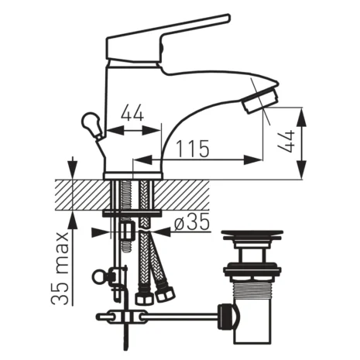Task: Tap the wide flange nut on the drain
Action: tap(251, 271)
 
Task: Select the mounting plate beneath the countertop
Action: tap(133, 211)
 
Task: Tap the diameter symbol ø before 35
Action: tap(178, 223)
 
